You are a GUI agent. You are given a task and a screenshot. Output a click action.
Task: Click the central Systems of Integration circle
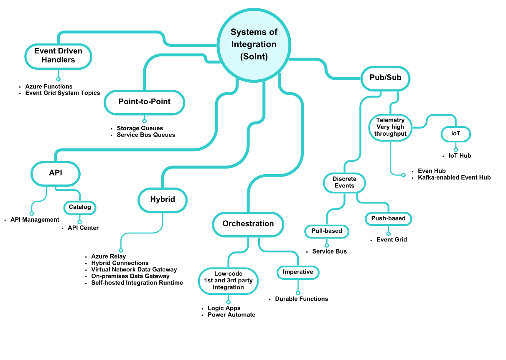(x=254, y=44)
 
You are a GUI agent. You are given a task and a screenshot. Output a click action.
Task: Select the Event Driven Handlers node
(x=58, y=56)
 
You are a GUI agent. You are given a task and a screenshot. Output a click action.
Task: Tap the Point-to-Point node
(x=145, y=102)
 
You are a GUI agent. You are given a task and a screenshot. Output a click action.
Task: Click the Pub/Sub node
(x=385, y=78)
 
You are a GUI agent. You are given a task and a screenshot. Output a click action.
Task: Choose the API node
(x=56, y=172)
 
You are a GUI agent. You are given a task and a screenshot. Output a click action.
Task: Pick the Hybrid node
(x=163, y=200)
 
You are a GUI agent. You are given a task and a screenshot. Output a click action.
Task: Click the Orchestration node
(x=248, y=224)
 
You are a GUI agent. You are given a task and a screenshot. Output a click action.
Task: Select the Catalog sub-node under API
(x=80, y=207)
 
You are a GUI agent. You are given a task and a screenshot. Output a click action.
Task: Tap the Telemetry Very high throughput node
(x=390, y=127)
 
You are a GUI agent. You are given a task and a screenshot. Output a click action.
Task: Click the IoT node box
(x=455, y=134)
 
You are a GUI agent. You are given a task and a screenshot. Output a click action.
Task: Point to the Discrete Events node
(x=344, y=183)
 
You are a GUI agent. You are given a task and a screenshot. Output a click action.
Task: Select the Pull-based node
(x=327, y=231)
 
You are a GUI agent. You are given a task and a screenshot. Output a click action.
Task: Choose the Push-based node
(x=388, y=218)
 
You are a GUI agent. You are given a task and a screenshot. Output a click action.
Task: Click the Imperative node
(x=298, y=272)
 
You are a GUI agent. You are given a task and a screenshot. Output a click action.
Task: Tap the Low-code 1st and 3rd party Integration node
(x=228, y=281)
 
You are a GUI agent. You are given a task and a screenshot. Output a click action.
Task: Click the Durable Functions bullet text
(x=301, y=299)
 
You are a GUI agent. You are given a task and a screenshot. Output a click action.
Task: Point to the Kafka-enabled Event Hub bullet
(x=454, y=177)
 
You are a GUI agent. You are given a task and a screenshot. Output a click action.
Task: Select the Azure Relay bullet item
(x=109, y=256)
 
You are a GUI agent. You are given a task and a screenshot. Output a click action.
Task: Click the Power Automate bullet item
(x=231, y=315)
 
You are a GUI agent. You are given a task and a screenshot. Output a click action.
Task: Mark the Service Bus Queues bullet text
(x=146, y=135)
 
